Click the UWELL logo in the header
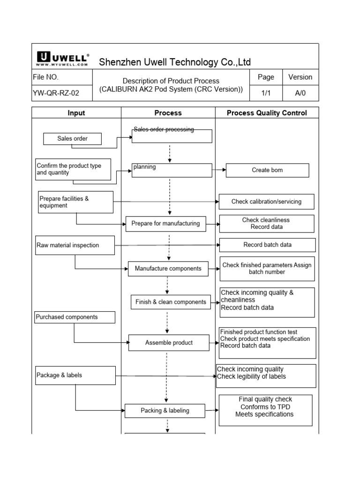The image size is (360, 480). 62,60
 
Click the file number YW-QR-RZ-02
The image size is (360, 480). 55,93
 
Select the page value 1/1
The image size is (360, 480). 266,93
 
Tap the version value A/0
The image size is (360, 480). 300,93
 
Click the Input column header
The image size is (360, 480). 76,112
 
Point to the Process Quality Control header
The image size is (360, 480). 267,112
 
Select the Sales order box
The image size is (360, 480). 72,139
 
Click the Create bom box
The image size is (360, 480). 267,170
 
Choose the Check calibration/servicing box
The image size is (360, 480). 266,202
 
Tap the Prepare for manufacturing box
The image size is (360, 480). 165,224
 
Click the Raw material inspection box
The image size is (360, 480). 75,245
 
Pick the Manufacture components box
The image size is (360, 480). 168,269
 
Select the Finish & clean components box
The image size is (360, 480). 171,302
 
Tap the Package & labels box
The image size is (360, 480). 75,375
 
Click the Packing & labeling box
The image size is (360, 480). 165,411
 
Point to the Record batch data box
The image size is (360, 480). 267,245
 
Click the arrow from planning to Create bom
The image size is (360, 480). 219,170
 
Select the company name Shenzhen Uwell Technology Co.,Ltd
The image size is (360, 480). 174,62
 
